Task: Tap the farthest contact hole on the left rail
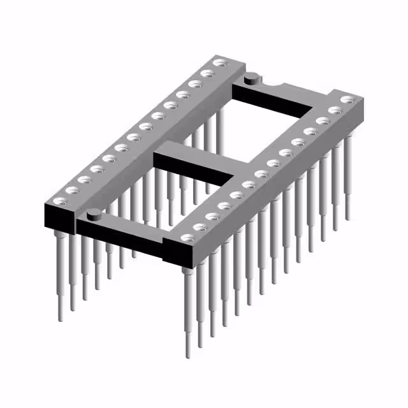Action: pos(220,63)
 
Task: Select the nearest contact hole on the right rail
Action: pos(186,238)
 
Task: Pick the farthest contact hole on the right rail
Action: pos(347,100)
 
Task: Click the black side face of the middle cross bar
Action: pos(191,168)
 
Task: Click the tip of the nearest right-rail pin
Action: pos(187,354)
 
